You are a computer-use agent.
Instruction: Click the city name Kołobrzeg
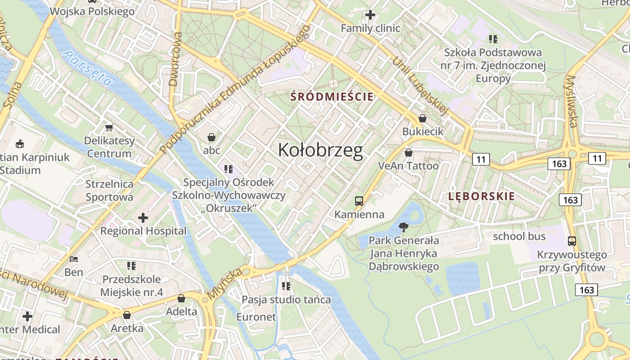[320, 150]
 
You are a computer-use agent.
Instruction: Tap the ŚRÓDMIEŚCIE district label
[332, 96]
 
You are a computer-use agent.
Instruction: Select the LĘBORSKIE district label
[481, 196]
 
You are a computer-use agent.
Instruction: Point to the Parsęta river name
[88, 68]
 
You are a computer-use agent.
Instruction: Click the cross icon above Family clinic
[370, 15]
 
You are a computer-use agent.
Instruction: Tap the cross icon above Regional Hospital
[143, 218]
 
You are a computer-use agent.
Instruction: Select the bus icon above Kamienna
[359, 201]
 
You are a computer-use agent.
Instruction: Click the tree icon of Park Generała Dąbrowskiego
[404, 227]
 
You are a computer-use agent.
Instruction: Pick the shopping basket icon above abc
[211, 137]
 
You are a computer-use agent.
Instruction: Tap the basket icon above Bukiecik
[422, 118]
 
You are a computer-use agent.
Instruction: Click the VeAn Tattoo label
[408, 166]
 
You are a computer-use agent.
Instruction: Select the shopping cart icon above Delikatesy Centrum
[109, 128]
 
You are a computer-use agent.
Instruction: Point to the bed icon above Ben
[74, 259]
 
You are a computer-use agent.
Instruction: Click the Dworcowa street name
[174, 59]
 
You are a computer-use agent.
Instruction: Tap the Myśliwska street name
[571, 101]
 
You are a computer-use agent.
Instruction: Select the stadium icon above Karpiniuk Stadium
[19, 144]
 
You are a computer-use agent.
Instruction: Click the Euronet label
[256, 317]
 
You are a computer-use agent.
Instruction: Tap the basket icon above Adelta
[181, 298]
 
